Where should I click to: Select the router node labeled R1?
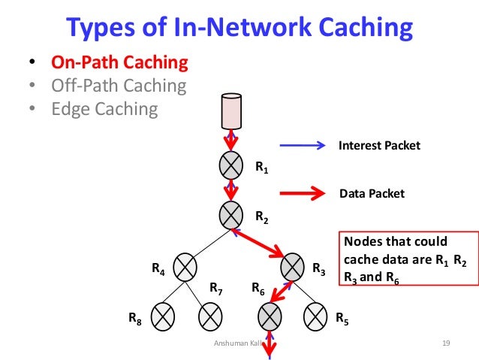pos(231,164)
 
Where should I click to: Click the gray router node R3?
pos(293,266)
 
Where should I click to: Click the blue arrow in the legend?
pos(303,146)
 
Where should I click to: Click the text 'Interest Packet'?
pos(379,146)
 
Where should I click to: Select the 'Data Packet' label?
pos(372,194)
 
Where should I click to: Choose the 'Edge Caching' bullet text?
pos(104,109)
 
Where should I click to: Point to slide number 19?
pos(445,343)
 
